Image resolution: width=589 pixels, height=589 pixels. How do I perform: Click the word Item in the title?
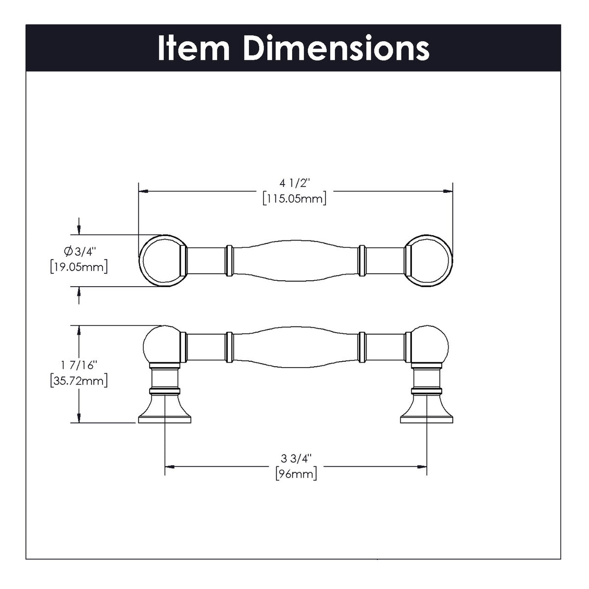point(193,48)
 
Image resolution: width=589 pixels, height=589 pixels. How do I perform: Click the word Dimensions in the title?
point(336,48)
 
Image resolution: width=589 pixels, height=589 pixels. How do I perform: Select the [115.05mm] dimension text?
point(294,199)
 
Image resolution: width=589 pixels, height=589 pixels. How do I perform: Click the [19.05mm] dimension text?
point(79,267)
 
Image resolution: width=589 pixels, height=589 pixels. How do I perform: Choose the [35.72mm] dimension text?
point(79,380)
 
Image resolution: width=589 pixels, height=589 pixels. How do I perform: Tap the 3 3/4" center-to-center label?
point(296,458)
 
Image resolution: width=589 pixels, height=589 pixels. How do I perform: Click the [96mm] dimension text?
point(295,474)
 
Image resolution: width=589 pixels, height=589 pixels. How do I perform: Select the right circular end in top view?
point(429,261)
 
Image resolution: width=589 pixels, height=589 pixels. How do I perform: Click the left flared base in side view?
point(164,410)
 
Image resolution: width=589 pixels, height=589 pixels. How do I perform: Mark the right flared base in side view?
point(427,410)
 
